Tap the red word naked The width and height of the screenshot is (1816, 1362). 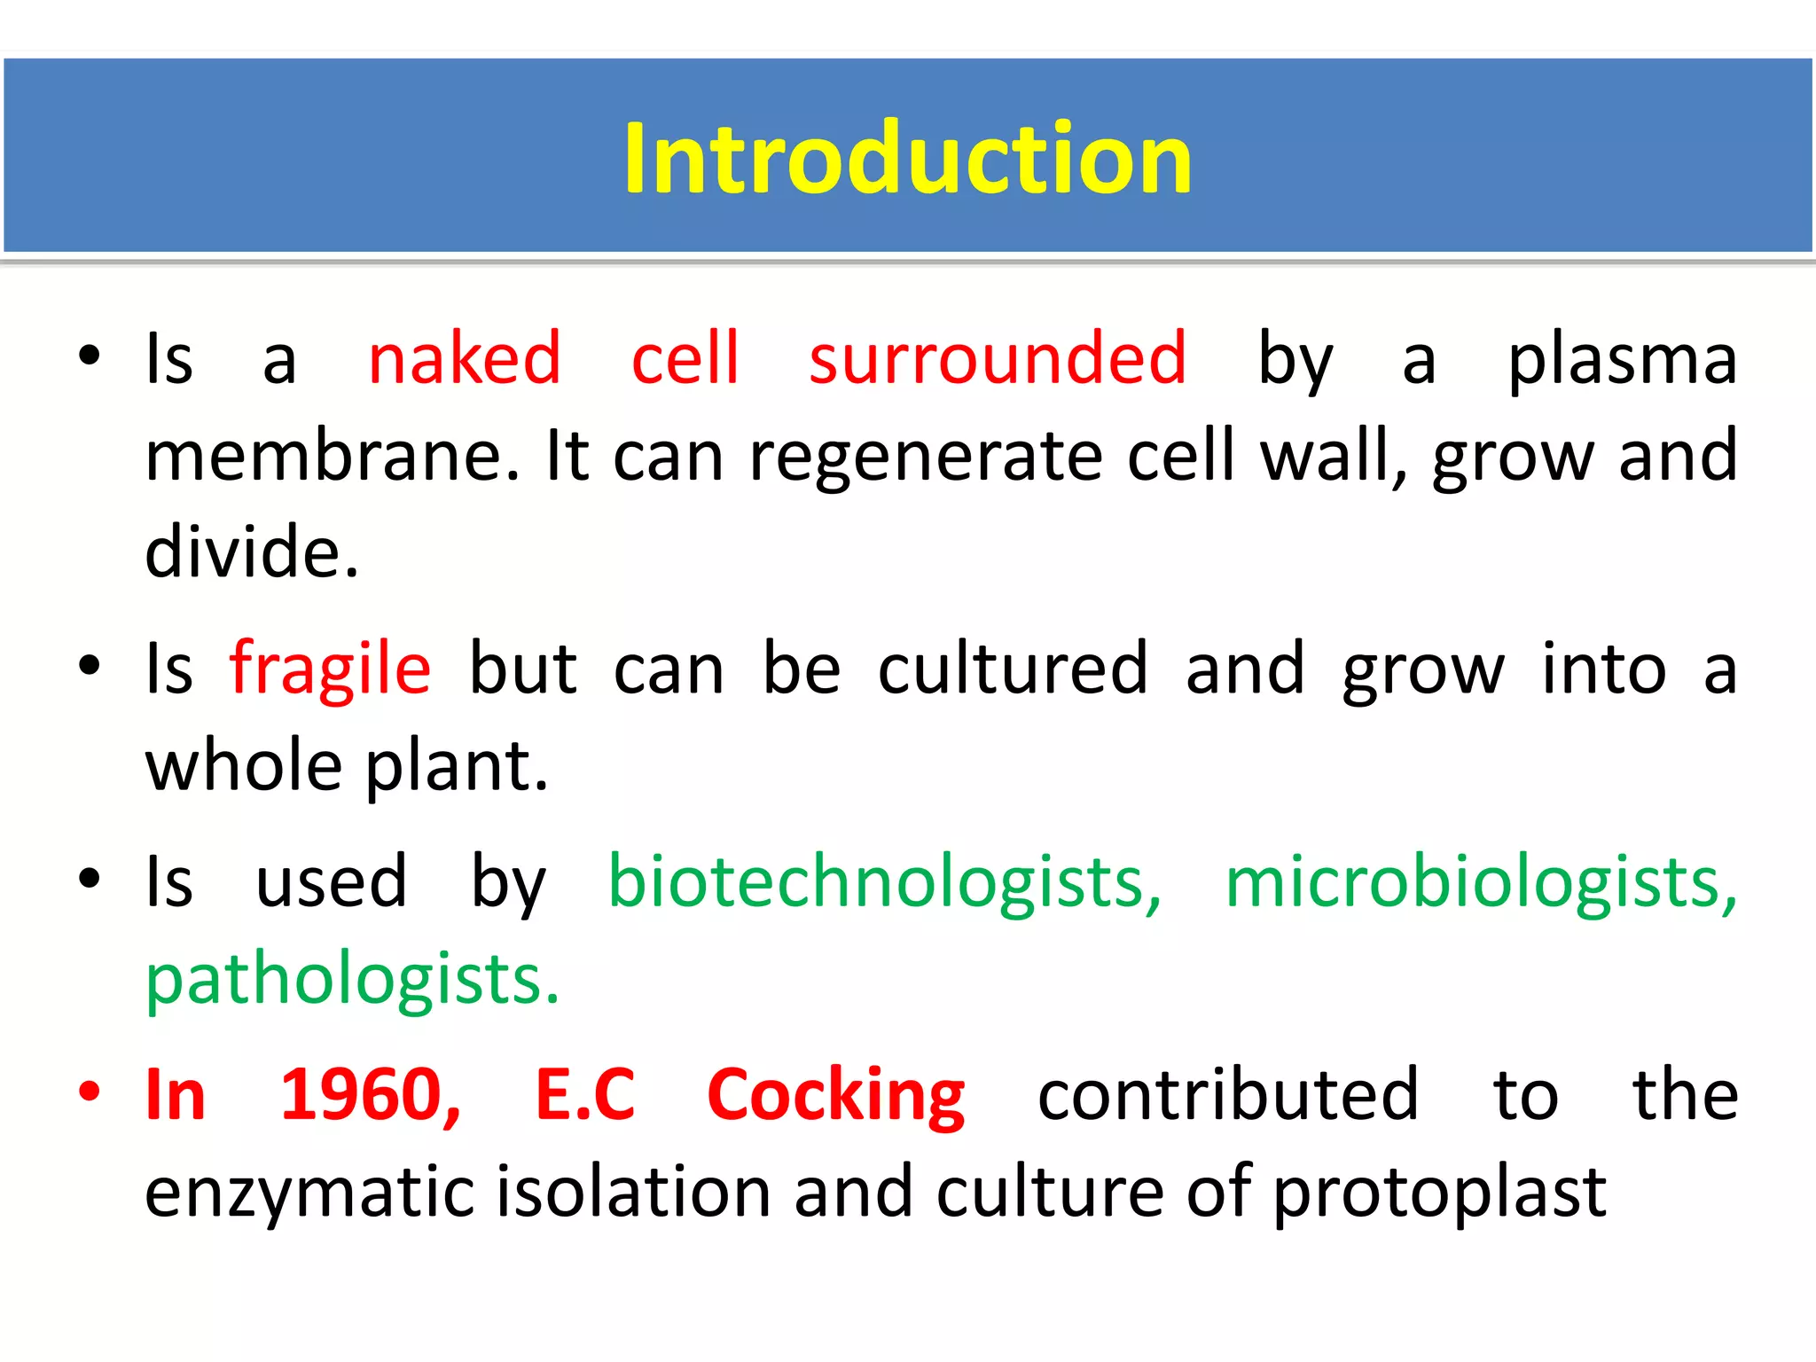465,358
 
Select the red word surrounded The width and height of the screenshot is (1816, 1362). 998,358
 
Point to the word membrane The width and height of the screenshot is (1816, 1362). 333,456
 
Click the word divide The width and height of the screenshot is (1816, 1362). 252,552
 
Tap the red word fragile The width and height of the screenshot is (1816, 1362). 330,670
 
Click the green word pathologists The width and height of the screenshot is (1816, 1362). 352,981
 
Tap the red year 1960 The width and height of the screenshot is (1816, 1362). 370,1095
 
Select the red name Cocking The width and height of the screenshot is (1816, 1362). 835,1096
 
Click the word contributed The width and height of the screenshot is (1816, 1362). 1228,1095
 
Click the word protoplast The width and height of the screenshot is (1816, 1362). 1439,1194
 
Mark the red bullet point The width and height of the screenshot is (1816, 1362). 89,1092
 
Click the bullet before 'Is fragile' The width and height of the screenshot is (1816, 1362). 89,666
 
